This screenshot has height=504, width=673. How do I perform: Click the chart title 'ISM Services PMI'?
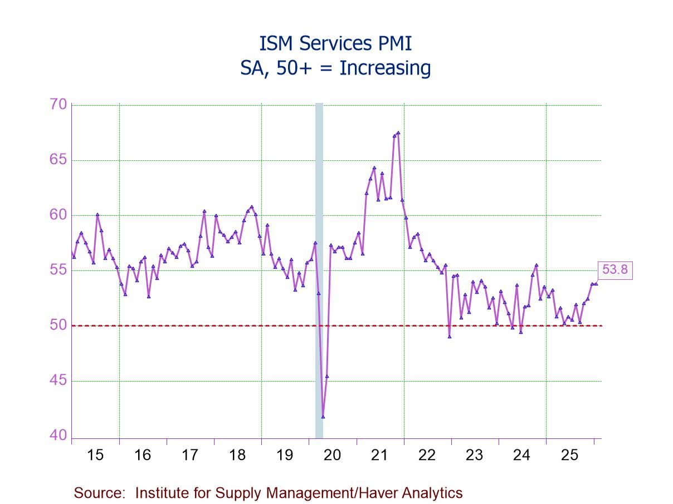tap(336, 43)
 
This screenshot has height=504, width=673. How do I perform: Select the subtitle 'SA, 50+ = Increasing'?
tap(336, 68)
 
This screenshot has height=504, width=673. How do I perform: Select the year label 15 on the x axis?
tap(95, 455)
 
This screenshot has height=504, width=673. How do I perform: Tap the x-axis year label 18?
tap(237, 455)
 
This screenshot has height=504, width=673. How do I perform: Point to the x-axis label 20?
tap(332, 455)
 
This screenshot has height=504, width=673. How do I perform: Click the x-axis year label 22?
tap(427, 455)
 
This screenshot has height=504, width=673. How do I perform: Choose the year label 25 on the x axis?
tap(569, 455)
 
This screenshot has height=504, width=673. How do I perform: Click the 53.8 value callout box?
tap(615, 270)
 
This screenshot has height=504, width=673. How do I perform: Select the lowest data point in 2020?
tap(323, 416)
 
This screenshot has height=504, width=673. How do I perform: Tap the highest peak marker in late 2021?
tap(398, 132)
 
